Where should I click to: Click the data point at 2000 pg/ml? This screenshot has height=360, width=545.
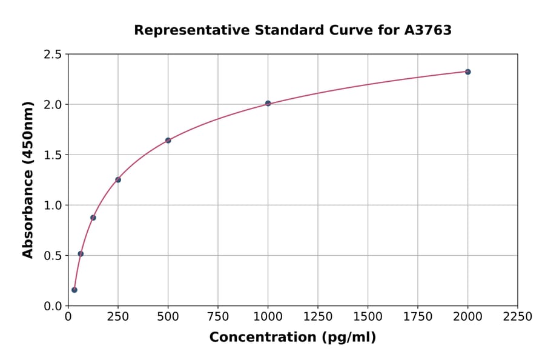[467, 72]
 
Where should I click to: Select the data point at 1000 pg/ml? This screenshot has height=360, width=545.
[268, 104]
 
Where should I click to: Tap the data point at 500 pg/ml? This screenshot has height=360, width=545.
[168, 141]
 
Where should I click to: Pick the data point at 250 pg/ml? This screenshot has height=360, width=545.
[118, 179]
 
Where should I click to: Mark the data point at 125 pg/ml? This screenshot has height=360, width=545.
[93, 218]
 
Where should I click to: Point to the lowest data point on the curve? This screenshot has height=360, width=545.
[74, 290]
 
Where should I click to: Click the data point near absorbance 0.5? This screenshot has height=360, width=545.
[81, 254]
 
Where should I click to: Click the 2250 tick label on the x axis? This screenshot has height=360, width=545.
[518, 317]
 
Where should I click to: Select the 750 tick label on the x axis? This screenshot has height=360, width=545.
[218, 317]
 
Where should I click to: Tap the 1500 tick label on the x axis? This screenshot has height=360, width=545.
[368, 317]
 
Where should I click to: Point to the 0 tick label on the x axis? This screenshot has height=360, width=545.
[68, 317]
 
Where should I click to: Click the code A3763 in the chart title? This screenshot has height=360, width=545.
[428, 30]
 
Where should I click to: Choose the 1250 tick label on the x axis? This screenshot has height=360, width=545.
[318, 317]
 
